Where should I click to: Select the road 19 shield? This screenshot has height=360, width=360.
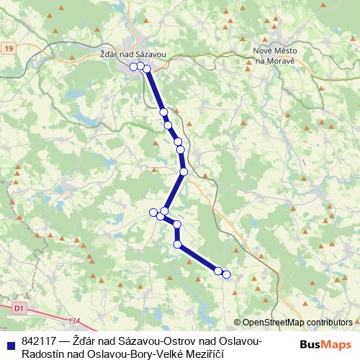pos(8,48)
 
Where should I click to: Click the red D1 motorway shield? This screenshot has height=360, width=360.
pos(19,308)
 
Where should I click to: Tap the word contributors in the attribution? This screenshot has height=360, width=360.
pos(328,323)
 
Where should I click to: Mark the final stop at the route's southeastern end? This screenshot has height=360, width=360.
pos(226,274)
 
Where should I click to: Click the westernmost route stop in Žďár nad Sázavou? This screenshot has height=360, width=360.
pos(133,66)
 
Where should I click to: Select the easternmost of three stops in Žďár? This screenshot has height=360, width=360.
pos(147,68)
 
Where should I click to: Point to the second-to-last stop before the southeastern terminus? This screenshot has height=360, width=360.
pos(218,270)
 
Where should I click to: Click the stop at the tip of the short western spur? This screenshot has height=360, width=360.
pos(153,212)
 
